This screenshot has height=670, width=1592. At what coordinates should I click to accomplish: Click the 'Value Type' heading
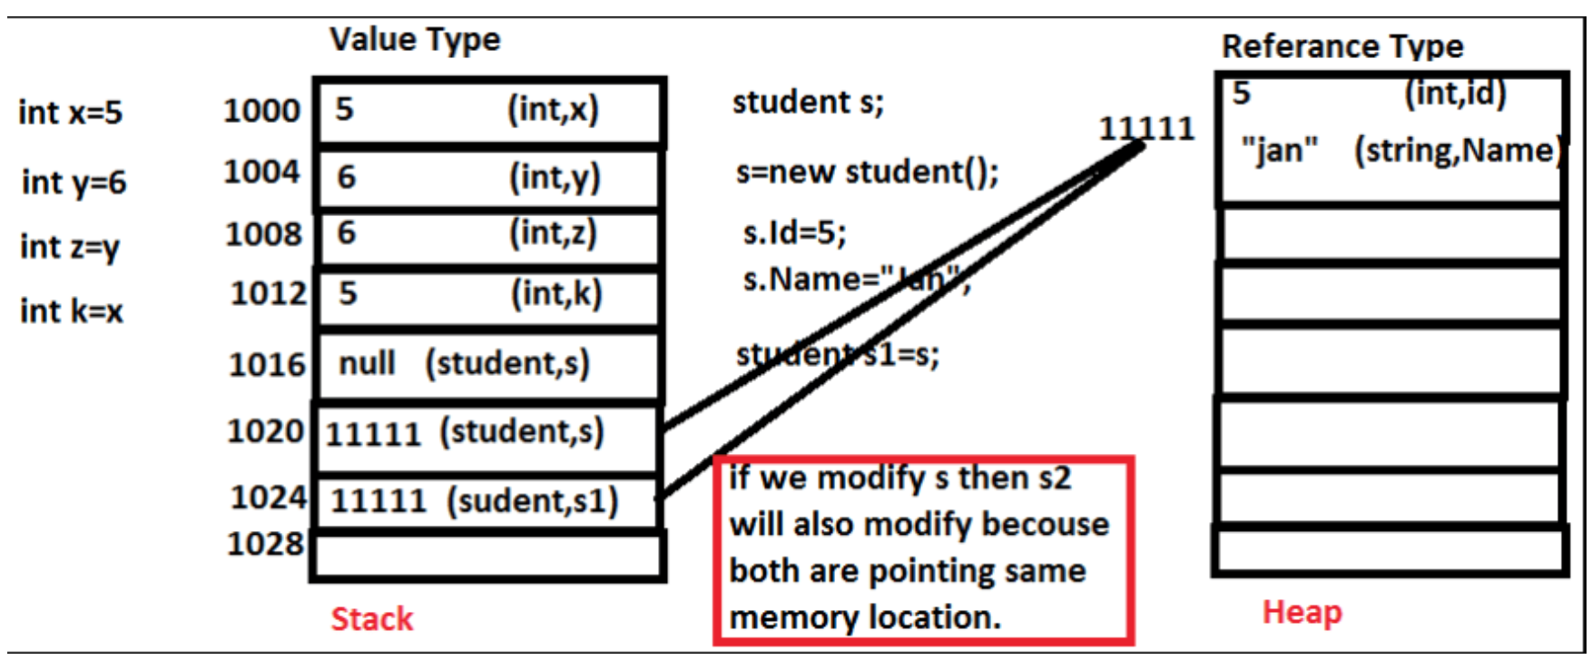coord(415,40)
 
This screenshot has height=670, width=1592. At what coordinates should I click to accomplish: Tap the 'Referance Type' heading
coord(1341,46)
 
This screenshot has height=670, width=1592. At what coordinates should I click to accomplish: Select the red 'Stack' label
coord(371,618)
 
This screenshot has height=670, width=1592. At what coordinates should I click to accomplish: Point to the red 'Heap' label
coord(1302,612)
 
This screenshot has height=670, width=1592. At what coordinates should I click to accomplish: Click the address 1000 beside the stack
coord(261,111)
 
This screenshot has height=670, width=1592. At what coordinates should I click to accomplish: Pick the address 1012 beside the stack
coord(268,293)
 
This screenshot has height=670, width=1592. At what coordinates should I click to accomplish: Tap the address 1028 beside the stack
coord(265,543)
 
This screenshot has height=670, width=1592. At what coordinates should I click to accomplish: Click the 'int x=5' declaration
coord(70,113)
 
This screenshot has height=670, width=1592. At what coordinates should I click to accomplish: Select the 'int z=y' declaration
coord(70,247)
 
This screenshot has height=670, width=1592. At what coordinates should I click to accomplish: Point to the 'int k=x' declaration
coord(71,311)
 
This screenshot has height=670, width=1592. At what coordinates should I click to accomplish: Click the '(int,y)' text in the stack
coord(555,177)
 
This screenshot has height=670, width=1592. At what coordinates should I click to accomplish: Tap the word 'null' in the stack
coord(367,363)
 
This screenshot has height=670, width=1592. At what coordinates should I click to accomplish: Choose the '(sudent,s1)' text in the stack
coord(532,500)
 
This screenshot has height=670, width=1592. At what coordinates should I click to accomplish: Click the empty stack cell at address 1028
coord(487,556)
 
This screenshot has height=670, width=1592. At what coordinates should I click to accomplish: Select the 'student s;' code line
coord(808,102)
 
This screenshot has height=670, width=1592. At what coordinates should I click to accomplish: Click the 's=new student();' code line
coord(867,172)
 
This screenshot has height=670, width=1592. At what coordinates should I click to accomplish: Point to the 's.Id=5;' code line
coord(794,233)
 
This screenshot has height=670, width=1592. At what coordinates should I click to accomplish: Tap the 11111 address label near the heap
coord(1146,128)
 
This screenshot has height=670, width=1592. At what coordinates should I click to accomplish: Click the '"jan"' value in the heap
coord(1279,150)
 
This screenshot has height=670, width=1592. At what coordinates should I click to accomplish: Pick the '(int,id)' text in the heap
coord(1455,93)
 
